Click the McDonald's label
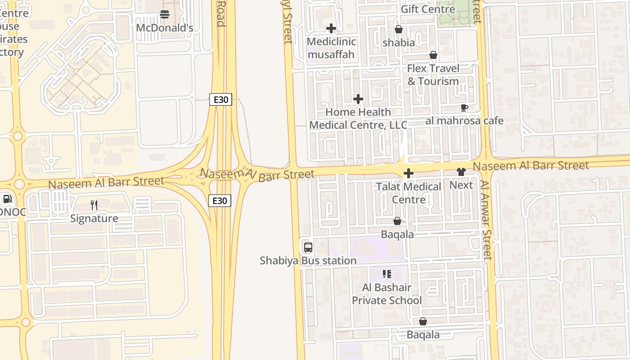coord(165,28)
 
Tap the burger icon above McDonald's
coord(165,14)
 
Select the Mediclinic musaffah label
coord(331,48)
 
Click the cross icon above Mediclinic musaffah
coord(331,28)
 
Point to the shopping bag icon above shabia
coord(398,30)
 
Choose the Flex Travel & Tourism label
coord(433,75)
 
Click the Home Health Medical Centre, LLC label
coord(358,118)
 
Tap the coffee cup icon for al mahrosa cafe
coord(464,108)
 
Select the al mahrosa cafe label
coord(464,121)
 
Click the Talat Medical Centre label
coord(409,193)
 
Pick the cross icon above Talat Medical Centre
coord(409,173)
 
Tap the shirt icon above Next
coord(461,172)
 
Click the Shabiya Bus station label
coord(308,261)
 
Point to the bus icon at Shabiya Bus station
coord(308,247)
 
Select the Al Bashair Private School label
coord(387,294)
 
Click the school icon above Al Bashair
coord(387,274)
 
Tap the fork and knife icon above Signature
coord(94,205)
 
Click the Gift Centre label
coord(427,9)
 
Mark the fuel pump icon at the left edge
coord(7,199)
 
